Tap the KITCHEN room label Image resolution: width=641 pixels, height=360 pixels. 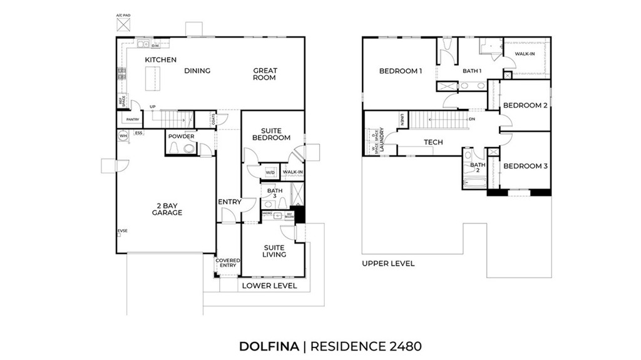(x=161, y=60)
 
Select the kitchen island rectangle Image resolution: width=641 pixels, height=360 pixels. (x=150, y=78)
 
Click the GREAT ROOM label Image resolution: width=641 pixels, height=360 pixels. (x=265, y=74)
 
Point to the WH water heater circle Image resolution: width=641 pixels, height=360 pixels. (x=123, y=136)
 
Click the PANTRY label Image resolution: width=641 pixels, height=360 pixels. (x=132, y=119)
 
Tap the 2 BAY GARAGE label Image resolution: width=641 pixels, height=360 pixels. (x=167, y=208)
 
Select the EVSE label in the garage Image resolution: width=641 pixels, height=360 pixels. (x=122, y=232)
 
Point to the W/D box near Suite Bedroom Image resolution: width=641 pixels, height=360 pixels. (x=270, y=172)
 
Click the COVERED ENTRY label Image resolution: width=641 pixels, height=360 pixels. (x=226, y=263)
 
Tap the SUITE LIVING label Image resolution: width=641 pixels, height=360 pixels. (x=274, y=251)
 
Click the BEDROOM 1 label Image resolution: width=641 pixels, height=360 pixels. (x=401, y=71)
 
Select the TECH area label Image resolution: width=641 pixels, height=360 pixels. (x=433, y=142)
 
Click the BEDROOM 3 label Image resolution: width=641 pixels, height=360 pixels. (x=526, y=166)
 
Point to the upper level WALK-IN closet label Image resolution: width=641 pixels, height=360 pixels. (x=525, y=54)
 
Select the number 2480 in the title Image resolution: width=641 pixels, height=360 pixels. (x=404, y=346)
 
